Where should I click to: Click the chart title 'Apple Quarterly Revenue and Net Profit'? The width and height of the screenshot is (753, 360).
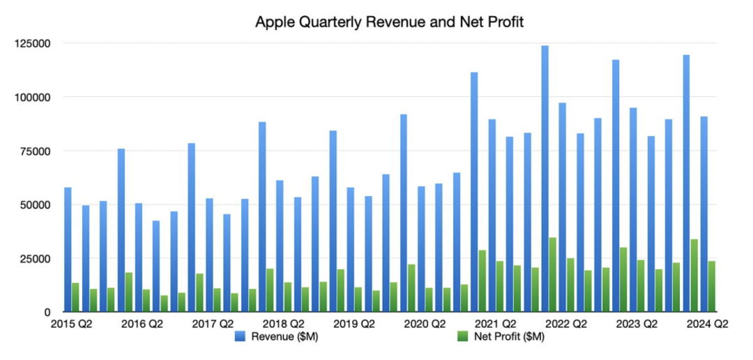(389, 22)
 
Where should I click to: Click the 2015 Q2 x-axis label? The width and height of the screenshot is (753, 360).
(72, 324)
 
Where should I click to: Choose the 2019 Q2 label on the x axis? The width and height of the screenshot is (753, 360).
(353, 324)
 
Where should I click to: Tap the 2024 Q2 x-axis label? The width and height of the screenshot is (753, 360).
(706, 324)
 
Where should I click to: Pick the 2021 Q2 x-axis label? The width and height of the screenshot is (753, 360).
(494, 324)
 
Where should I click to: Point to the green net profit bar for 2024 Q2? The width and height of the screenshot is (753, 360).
(712, 286)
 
